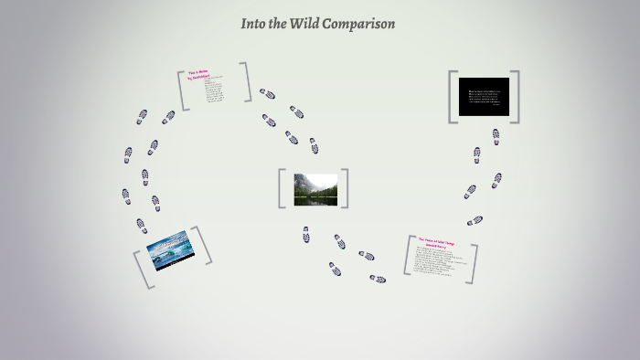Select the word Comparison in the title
(x=365, y=25)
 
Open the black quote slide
(x=484, y=97)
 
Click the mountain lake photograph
(x=315, y=189)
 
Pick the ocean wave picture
(x=172, y=249)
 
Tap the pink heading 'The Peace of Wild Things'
(x=437, y=241)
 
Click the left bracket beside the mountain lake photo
(x=282, y=189)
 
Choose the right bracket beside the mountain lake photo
(x=346, y=188)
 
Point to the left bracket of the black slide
(x=451, y=97)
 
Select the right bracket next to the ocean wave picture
(x=205, y=245)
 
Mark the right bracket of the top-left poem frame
(x=247, y=81)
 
